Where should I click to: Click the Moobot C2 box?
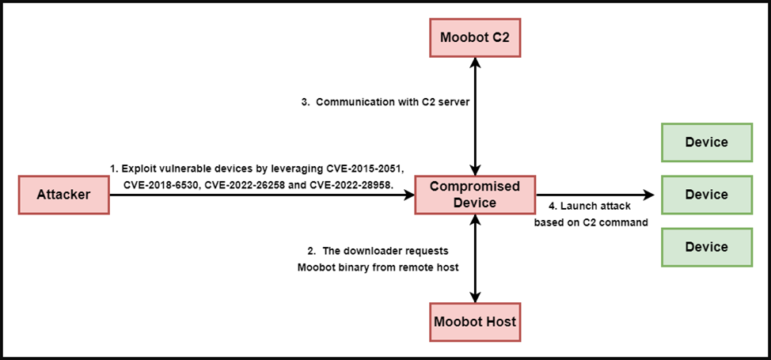pos(475,38)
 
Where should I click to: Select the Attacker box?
pos(63,195)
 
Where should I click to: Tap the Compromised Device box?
pos(475,195)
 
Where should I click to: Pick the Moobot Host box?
pos(475,322)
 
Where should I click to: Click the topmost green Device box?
pos(707,142)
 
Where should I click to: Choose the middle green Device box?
pos(707,195)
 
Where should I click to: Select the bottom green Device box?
pos(707,247)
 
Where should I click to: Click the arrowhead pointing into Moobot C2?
pos(475,63)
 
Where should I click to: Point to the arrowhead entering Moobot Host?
pos(475,297)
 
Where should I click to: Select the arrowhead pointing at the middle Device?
pos(649,195)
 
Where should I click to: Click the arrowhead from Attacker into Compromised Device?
pos(408,195)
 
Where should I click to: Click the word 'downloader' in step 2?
pos(376,251)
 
